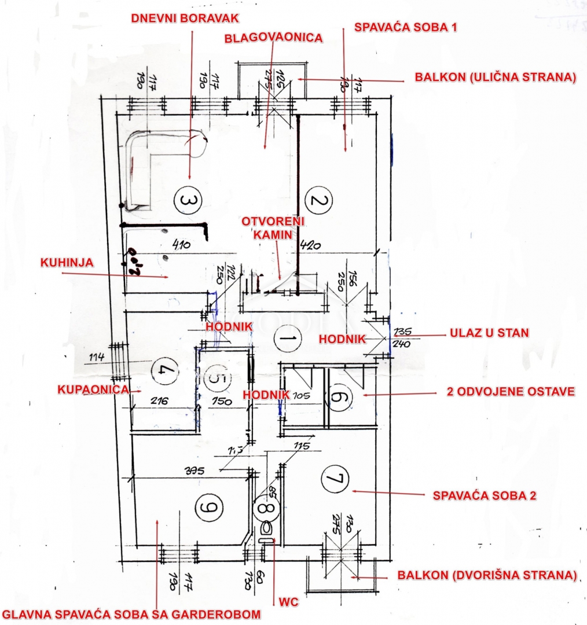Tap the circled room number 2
tap(320, 201)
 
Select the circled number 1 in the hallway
tap(288, 337)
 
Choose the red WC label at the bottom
tap(288, 602)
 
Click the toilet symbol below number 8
tap(267, 529)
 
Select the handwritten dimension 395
tap(207, 470)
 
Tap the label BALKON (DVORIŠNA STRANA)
tap(487, 575)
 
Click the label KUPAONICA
tap(93, 389)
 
